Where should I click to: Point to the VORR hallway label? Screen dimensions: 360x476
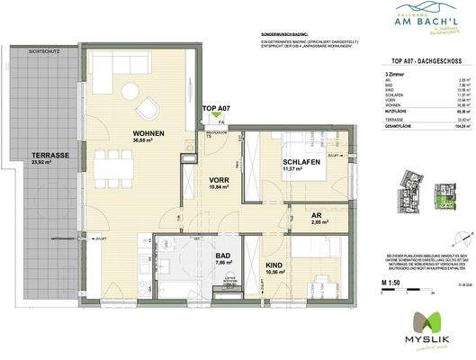pyautogui.click(x=217, y=179)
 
